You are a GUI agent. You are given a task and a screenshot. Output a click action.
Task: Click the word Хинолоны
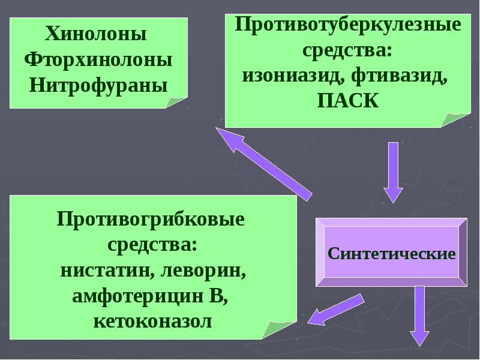pos(96,34)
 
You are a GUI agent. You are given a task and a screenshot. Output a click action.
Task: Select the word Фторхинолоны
pos(98,59)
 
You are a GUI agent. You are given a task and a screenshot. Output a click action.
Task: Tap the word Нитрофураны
pos(98,85)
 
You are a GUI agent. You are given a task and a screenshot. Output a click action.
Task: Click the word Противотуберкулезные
pos(348,25)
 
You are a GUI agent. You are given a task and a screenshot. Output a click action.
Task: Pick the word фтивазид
pos(399,76)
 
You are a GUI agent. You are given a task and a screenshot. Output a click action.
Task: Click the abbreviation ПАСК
pos(348,101)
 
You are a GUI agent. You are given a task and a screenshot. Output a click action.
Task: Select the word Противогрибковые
pos(151,220)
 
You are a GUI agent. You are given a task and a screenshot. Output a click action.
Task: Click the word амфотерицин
pos(138,296)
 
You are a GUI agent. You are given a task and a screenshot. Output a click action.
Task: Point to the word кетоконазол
pos(152,322)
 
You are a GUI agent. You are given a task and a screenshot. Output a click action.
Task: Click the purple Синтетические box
pos(392,252)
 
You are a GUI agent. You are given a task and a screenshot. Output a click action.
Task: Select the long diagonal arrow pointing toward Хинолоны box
pos(264,164)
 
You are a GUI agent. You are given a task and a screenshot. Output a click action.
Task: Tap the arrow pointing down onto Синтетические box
pos(394,172)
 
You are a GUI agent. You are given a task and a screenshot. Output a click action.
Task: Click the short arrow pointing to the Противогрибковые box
pos(336,310)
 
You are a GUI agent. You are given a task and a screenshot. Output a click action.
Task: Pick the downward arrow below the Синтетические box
pos(419,316)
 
